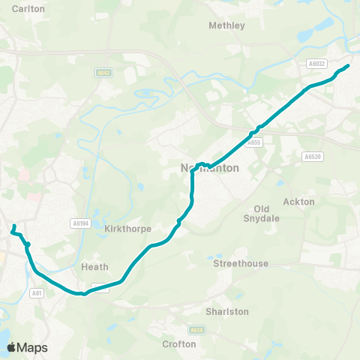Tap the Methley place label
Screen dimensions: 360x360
(x=226, y=25)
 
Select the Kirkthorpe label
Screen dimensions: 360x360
(x=128, y=229)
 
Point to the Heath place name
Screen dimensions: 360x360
(x=94, y=267)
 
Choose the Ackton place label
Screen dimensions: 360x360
(x=299, y=202)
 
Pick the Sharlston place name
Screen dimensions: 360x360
(x=226, y=311)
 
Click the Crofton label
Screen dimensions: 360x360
(x=179, y=344)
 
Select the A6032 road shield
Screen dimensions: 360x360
(x=316, y=65)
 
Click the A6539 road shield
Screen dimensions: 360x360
(x=312, y=157)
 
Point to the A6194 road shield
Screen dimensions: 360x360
(x=80, y=223)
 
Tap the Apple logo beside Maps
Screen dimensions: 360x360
(x=11, y=347)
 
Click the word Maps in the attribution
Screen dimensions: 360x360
(x=32, y=347)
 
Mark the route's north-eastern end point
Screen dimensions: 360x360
(x=347, y=66)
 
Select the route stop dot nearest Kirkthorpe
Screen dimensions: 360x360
(x=178, y=221)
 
